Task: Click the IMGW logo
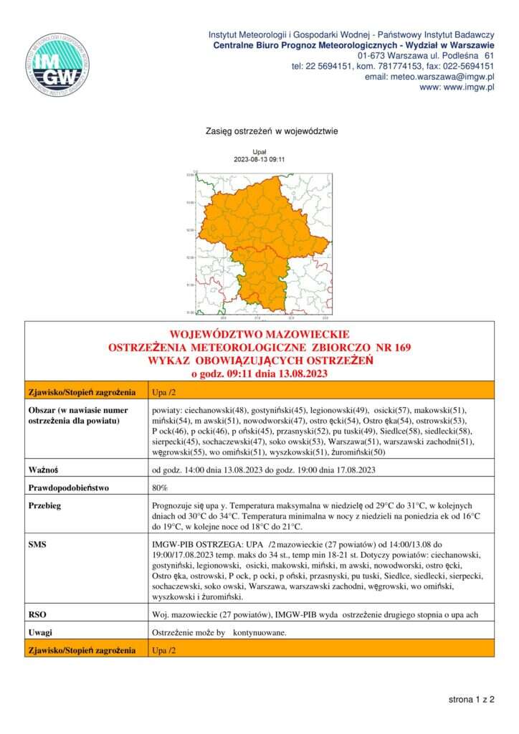point(57,65)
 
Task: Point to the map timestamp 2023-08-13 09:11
point(260,159)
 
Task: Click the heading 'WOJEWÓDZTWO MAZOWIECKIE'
point(259,335)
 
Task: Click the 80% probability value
point(160,488)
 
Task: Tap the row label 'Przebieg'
point(47,505)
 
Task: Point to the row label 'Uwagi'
point(41,633)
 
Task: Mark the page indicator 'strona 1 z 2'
point(472,698)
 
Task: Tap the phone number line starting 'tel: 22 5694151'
point(393,66)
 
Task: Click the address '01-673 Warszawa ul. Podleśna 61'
point(426,55)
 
